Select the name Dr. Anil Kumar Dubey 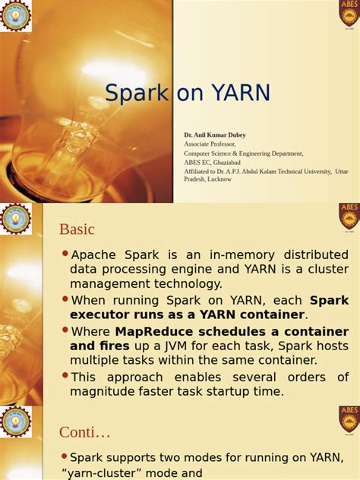click(215, 134)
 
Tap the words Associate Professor click(210, 144)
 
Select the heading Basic click(77, 229)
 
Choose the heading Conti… click(84, 432)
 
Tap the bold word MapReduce click(160, 332)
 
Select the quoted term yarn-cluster click(103, 472)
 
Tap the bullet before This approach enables click(65, 376)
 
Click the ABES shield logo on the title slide click(349, 13)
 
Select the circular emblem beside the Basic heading click(15, 218)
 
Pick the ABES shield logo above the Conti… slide click(349, 420)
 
